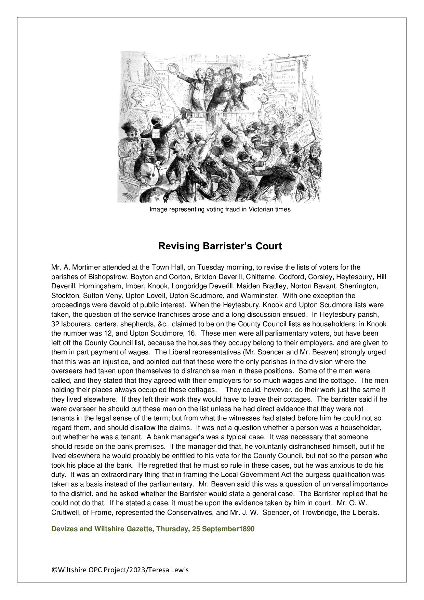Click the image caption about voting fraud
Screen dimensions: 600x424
point(220,209)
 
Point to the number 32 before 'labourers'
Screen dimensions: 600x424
point(55,324)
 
